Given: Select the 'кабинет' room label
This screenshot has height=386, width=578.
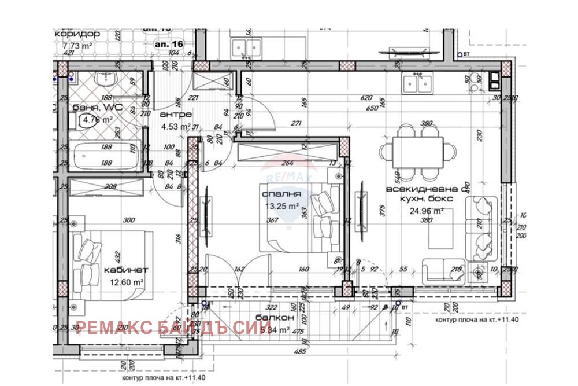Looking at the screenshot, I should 127,270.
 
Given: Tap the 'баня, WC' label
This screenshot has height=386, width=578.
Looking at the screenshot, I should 95,108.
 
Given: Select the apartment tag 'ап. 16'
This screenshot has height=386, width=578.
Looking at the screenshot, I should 168,43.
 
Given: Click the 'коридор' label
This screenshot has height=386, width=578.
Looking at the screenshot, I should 77,34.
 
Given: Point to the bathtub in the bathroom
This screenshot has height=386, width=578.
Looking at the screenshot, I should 106,156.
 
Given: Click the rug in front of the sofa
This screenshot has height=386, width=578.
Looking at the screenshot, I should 440,229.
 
